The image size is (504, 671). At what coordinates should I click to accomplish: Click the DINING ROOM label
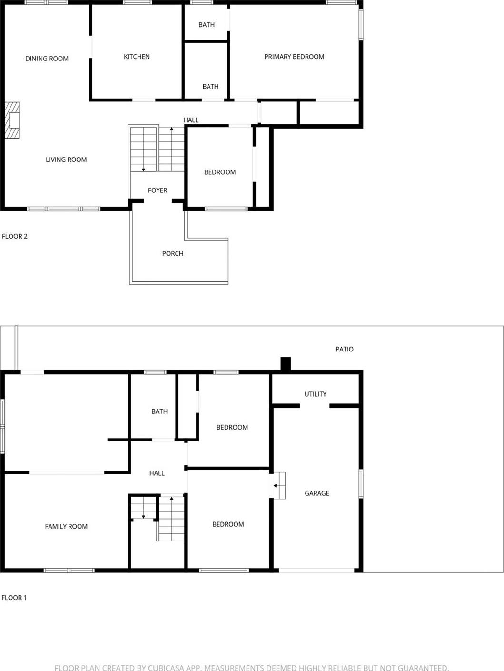coord(47,59)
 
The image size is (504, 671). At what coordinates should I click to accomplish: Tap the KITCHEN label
coord(137,57)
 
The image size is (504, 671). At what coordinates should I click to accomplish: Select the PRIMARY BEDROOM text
coord(294,57)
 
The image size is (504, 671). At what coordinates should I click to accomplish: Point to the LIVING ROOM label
coord(66,160)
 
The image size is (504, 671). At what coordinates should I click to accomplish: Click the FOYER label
coord(158,190)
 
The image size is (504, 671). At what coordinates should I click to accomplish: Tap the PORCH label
coord(173,254)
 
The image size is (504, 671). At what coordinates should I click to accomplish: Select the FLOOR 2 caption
coord(15,236)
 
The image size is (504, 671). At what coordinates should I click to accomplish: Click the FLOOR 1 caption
coord(14,598)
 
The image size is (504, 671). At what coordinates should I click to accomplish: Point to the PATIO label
coord(345,349)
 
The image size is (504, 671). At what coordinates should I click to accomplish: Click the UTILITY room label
coord(316,394)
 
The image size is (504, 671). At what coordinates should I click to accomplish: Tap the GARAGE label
coord(317,493)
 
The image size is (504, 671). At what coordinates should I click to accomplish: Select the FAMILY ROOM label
coord(66,527)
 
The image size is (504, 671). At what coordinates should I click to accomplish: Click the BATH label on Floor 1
coord(159,411)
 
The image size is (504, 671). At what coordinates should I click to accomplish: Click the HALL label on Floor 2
coord(191,120)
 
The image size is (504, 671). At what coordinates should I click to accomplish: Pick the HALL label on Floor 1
coord(157,473)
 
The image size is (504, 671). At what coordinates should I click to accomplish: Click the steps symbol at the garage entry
coord(279,485)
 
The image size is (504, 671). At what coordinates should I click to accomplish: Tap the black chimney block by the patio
coord(286,364)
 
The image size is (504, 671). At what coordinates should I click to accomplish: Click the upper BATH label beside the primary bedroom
coord(207,25)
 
